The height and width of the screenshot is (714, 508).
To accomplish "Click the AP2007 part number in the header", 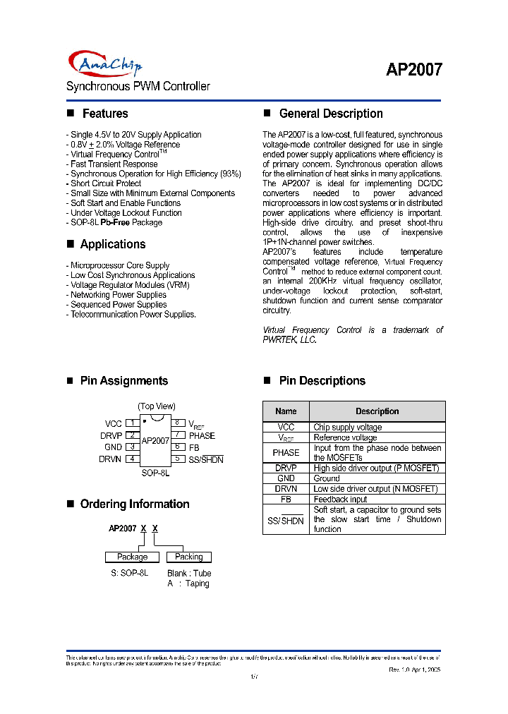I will (x=414, y=69).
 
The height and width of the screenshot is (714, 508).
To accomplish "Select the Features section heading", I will (x=104, y=114).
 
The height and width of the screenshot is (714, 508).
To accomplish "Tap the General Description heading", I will (x=331, y=114).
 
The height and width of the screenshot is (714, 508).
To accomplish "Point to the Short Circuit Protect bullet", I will (x=106, y=183).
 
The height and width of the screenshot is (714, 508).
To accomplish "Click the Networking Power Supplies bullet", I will (x=109, y=295).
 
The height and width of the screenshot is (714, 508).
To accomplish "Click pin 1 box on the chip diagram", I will (x=131, y=423).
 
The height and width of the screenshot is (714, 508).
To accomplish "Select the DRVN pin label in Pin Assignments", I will (x=111, y=459).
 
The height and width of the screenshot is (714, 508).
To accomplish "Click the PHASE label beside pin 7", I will (x=202, y=436).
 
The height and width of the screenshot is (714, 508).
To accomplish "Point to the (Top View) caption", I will (x=157, y=406).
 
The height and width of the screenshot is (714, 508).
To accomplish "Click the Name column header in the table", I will (x=286, y=411).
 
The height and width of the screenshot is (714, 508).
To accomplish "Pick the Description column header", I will (x=377, y=411).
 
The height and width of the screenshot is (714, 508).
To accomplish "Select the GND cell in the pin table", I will (x=286, y=478).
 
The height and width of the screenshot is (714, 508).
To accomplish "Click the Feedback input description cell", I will (x=340, y=500).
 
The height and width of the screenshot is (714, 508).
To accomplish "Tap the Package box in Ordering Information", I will (x=132, y=557).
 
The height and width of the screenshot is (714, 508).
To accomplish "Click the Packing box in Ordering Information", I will (x=188, y=557).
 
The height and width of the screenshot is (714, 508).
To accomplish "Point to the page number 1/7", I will (x=254, y=677).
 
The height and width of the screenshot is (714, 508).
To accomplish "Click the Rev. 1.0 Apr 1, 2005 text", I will (x=415, y=668).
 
